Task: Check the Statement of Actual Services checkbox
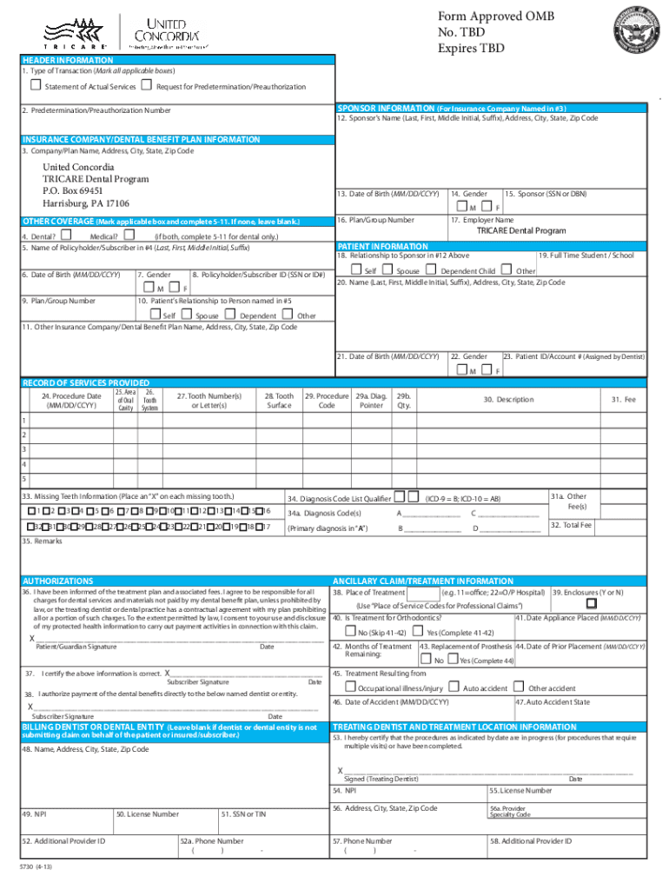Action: coord(36,85)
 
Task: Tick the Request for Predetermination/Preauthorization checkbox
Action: coord(147,85)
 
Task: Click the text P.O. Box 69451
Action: coord(73,190)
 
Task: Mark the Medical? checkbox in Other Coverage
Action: coord(129,233)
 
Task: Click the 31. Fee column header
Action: coord(623,399)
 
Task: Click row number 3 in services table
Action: coord(23,448)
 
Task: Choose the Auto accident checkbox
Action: coord(455,687)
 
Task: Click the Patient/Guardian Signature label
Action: coord(76,647)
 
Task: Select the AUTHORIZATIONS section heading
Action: coord(57,581)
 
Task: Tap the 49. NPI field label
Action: coord(35,814)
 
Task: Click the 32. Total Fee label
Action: coord(573,525)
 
